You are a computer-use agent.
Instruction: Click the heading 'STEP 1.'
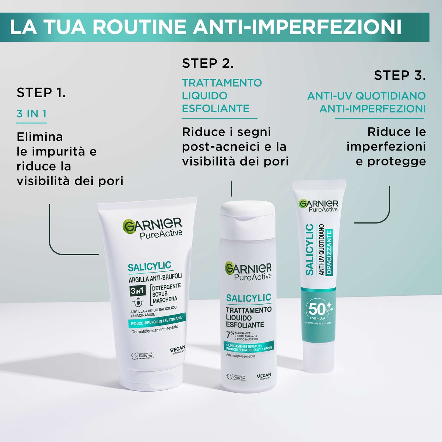coord(41,92)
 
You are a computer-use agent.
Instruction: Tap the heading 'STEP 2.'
coord(208,63)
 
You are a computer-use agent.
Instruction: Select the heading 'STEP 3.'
coord(400,76)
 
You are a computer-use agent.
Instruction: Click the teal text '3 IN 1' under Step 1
coord(32,114)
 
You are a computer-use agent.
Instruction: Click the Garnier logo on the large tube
coord(153,227)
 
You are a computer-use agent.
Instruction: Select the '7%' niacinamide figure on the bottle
coord(230,335)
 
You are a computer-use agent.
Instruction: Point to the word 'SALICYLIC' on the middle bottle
coord(248,297)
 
